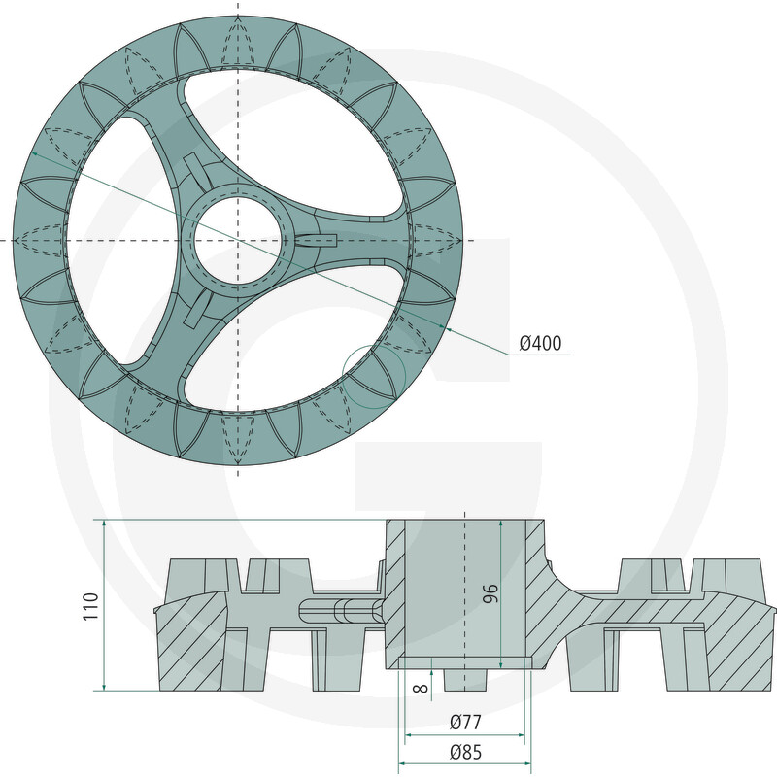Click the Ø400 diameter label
540,343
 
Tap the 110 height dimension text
91,605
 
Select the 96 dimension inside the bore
490,593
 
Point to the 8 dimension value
421,688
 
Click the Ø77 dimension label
465,722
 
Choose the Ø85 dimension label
465,752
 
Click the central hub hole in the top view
239,240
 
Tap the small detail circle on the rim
374,377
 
